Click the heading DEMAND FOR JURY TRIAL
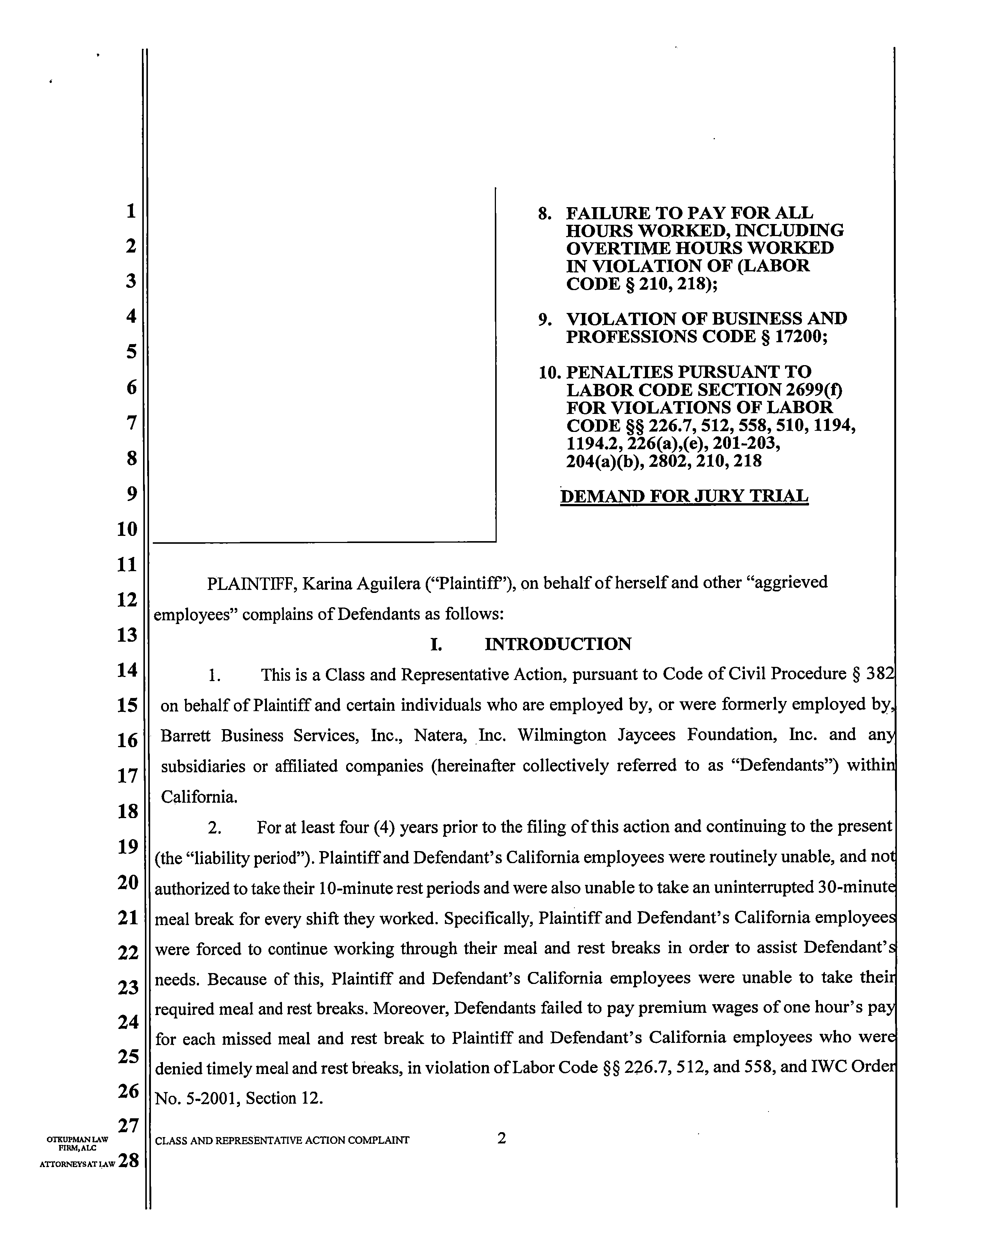[x=684, y=496]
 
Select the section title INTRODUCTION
[x=558, y=644]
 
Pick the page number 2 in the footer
[x=502, y=1137]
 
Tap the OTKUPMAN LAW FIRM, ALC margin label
[x=78, y=1143]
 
